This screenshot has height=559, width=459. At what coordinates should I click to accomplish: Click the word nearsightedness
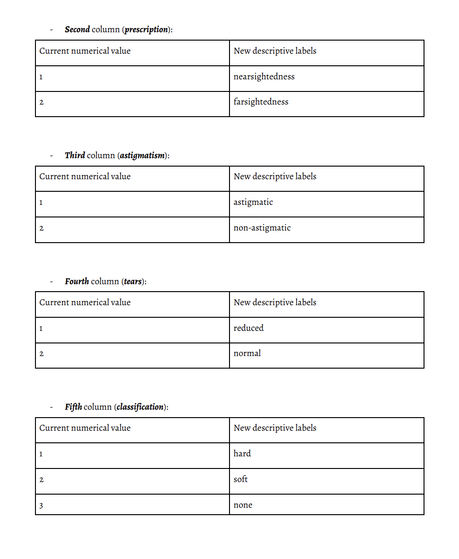click(264, 77)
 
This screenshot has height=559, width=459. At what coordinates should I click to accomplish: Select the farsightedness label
click(261, 102)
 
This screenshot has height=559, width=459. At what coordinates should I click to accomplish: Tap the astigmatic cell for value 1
click(253, 203)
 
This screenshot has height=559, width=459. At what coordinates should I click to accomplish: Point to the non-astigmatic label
click(262, 228)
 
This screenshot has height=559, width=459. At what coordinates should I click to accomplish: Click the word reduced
click(249, 328)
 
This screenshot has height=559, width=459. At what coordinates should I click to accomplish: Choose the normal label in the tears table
click(247, 353)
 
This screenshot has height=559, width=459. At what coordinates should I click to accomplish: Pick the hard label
click(242, 454)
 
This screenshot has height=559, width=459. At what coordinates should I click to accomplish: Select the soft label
click(241, 479)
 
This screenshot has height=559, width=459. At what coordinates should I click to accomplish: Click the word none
click(243, 505)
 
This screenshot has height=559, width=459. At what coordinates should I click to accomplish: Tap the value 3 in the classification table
click(41, 505)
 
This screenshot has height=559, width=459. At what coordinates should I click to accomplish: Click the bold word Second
click(77, 29)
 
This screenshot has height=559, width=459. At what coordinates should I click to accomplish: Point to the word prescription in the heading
click(146, 29)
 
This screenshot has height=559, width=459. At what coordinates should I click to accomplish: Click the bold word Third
click(75, 155)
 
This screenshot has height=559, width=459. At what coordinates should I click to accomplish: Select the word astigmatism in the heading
click(142, 155)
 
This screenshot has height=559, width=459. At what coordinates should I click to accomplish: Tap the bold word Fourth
click(76, 281)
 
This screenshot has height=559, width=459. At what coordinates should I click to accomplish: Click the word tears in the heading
click(133, 281)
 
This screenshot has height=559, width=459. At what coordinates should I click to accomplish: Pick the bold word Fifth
click(73, 407)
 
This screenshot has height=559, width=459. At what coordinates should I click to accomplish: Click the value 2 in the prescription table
click(41, 102)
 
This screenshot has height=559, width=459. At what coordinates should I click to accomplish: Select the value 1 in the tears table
click(41, 328)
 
